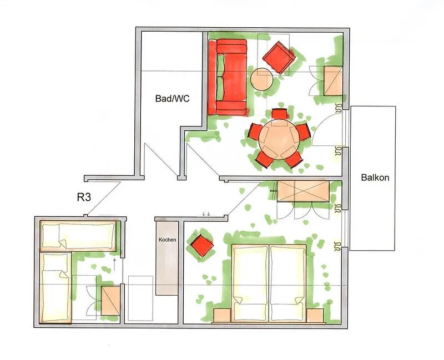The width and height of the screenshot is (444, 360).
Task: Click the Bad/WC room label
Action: click(x=172, y=99)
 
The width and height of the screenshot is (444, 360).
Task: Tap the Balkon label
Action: click(x=375, y=178)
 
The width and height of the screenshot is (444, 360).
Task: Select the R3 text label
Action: click(x=84, y=196)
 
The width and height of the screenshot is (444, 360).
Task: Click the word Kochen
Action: click(x=167, y=240)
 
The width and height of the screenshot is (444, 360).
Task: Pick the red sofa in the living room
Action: click(x=228, y=78)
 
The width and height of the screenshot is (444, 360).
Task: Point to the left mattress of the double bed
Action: click(x=250, y=283)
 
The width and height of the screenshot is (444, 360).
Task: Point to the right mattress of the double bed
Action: click(x=287, y=283)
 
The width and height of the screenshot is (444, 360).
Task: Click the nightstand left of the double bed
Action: click(x=222, y=315)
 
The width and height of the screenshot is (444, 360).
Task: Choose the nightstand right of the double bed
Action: click(x=315, y=315)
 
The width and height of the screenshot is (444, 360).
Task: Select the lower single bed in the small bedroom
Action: click(x=56, y=288)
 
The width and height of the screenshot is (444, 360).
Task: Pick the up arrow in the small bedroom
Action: click(x=114, y=262)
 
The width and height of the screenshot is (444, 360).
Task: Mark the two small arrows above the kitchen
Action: click(x=206, y=214)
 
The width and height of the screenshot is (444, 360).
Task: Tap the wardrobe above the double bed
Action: click(x=304, y=192)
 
